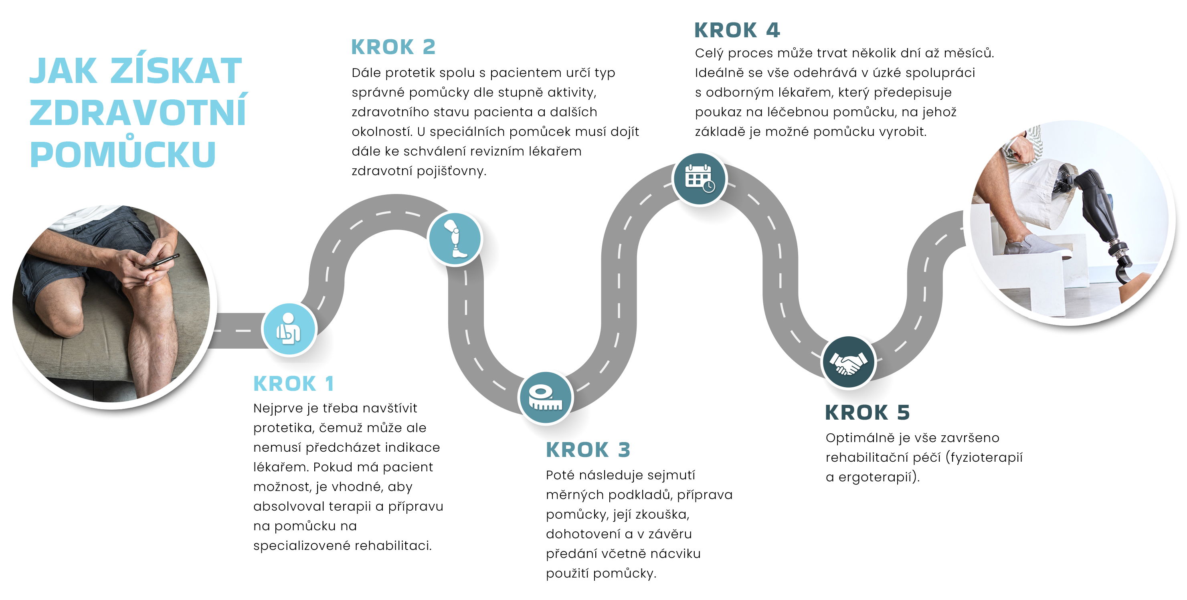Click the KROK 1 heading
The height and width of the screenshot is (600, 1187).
[x=293, y=384]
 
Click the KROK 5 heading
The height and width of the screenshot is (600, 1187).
[x=867, y=413]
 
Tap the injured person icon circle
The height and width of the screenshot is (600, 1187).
[x=289, y=329]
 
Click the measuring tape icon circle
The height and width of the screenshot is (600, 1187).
[x=545, y=397]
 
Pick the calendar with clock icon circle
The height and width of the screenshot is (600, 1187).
[x=699, y=179]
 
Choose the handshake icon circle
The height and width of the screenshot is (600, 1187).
[x=848, y=362]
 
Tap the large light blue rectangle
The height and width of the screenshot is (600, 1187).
[x=138, y=108]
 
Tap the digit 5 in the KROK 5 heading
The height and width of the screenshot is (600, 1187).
[x=903, y=413]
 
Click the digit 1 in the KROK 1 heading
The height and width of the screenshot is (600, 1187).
[x=329, y=384]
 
